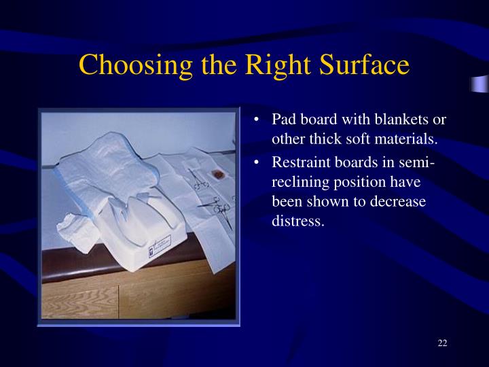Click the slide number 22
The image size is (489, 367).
[442, 342]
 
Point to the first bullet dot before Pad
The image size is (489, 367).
[256, 120]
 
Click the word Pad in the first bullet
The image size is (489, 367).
[284, 120]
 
